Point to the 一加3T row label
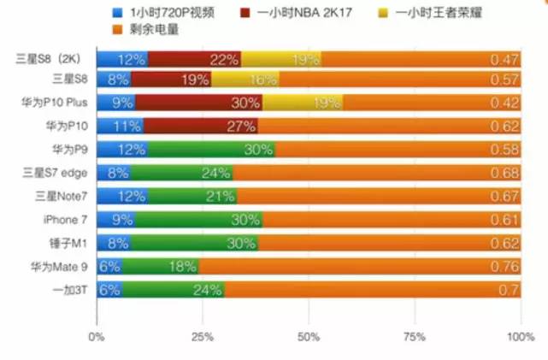(68, 291)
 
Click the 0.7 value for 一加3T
(510, 291)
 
